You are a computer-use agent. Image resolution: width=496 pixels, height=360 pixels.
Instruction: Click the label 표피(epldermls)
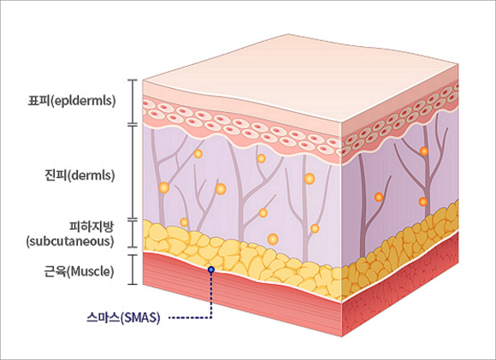[72, 101]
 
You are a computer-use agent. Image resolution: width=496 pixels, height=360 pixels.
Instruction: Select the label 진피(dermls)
[80, 175]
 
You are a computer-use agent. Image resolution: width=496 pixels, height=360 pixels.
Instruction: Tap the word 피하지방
[92, 227]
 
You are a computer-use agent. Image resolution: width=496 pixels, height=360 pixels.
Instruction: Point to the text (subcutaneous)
[70, 241]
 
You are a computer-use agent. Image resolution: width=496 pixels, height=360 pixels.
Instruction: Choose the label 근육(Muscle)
[79, 272]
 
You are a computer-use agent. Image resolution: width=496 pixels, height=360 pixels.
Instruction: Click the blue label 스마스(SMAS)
[123, 317]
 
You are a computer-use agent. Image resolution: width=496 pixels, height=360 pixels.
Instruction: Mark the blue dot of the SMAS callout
[211, 269]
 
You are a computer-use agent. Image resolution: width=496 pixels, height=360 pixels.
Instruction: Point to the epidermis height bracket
[133, 101]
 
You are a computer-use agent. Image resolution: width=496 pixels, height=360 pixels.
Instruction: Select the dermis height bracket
[133, 172]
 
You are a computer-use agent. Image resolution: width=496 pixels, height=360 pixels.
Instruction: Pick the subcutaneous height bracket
[133, 233]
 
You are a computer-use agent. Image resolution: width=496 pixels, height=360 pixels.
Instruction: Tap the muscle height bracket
[133, 269]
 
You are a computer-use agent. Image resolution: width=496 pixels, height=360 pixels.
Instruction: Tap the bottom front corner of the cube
[342, 337]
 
